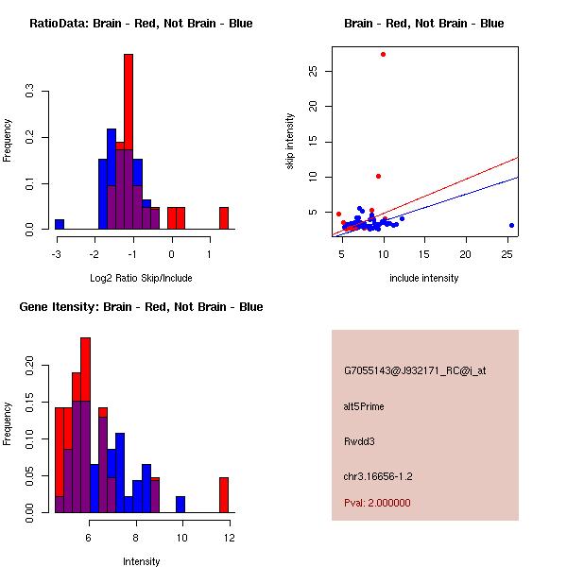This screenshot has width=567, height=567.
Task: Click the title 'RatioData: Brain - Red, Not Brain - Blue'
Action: [x=141, y=24]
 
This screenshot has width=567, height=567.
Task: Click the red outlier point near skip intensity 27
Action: [x=383, y=54]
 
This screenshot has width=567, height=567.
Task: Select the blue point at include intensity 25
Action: [x=511, y=225]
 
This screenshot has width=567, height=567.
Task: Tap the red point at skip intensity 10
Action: [x=378, y=176]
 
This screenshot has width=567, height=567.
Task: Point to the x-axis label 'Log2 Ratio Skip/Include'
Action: [x=141, y=278]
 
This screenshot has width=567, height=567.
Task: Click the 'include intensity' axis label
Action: [x=423, y=278]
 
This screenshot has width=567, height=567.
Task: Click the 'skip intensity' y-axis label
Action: [x=290, y=142]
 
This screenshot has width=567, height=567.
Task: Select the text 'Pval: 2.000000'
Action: [x=377, y=503]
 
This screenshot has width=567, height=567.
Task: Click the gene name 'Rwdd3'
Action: [x=360, y=440]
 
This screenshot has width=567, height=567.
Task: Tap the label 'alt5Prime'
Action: [x=364, y=406]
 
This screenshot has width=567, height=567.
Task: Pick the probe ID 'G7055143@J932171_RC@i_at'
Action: [x=415, y=371]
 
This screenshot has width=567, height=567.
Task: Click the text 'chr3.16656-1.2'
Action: [x=378, y=475]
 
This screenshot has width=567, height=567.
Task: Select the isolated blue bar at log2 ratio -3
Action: [x=60, y=224]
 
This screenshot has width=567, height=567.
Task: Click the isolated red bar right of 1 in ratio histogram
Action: [x=224, y=218]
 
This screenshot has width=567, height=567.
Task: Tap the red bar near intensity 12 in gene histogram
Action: [x=224, y=494]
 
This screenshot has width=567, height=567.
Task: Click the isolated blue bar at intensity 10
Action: [x=180, y=504]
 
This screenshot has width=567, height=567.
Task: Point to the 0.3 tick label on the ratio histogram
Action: [x=30, y=92]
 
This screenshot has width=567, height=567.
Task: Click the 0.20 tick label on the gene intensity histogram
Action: [x=30, y=364]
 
